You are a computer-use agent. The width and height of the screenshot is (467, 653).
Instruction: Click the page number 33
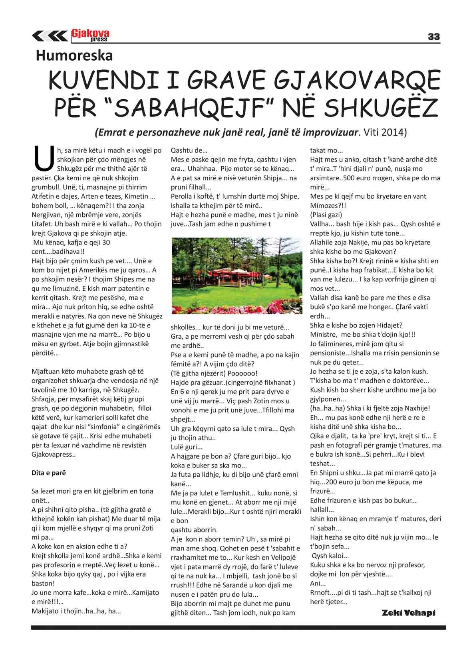click(433, 37)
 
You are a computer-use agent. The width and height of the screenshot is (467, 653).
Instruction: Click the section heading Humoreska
click(74, 55)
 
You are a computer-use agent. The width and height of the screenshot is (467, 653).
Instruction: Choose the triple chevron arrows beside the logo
click(50, 36)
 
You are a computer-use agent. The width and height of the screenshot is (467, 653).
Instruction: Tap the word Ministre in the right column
click(324, 334)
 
